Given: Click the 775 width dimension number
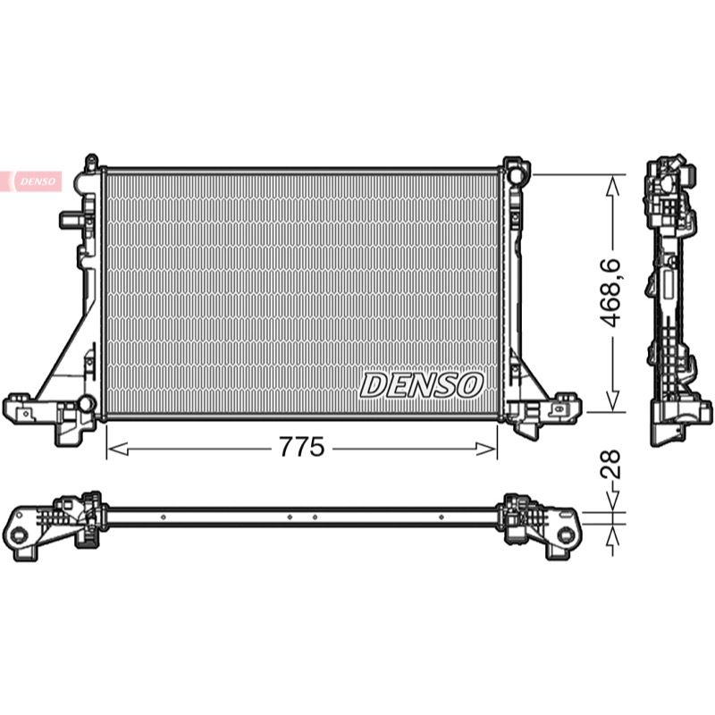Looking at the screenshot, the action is [301, 447].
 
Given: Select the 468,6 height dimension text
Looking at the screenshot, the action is [610, 293].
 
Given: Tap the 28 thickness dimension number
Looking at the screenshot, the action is [610, 464].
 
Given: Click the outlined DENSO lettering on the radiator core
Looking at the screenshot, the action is [421, 385].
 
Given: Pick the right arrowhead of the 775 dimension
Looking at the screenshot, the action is [486, 450].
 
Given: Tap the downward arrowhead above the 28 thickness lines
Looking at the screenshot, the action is [613, 501].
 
